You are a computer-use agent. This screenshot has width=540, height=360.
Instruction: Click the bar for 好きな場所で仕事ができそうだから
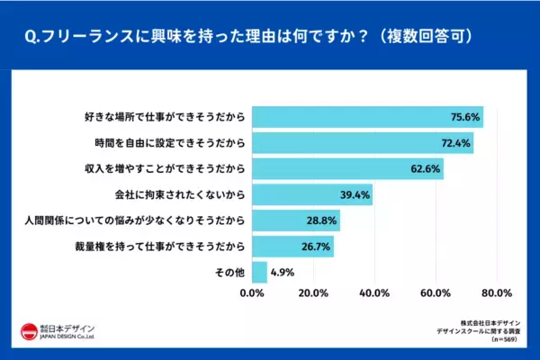click(x=367, y=116)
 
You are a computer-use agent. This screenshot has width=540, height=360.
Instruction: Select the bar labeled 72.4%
click(x=362, y=142)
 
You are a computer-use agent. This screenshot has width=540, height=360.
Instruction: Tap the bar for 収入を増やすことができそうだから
click(x=347, y=168)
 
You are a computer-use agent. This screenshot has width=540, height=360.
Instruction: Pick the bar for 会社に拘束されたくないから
click(x=311, y=194)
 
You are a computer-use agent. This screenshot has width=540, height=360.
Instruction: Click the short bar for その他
click(x=259, y=272)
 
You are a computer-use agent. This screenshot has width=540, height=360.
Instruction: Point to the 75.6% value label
click(x=466, y=116)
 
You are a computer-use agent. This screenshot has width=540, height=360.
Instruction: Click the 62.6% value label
click(x=427, y=168)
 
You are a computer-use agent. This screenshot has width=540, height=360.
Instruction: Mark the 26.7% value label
click(x=317, y=247)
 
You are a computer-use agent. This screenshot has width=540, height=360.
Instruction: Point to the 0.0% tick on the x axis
click(x=253, y=292)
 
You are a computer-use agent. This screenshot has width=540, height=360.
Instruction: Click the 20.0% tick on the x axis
click(x=313, y=292)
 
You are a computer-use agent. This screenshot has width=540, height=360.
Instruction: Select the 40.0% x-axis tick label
click(x=374, y=292)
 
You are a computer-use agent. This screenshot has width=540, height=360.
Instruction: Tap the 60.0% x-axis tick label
click(x=436, y=292)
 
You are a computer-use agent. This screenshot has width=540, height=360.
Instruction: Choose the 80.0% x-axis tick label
click(x=497, y=292)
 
